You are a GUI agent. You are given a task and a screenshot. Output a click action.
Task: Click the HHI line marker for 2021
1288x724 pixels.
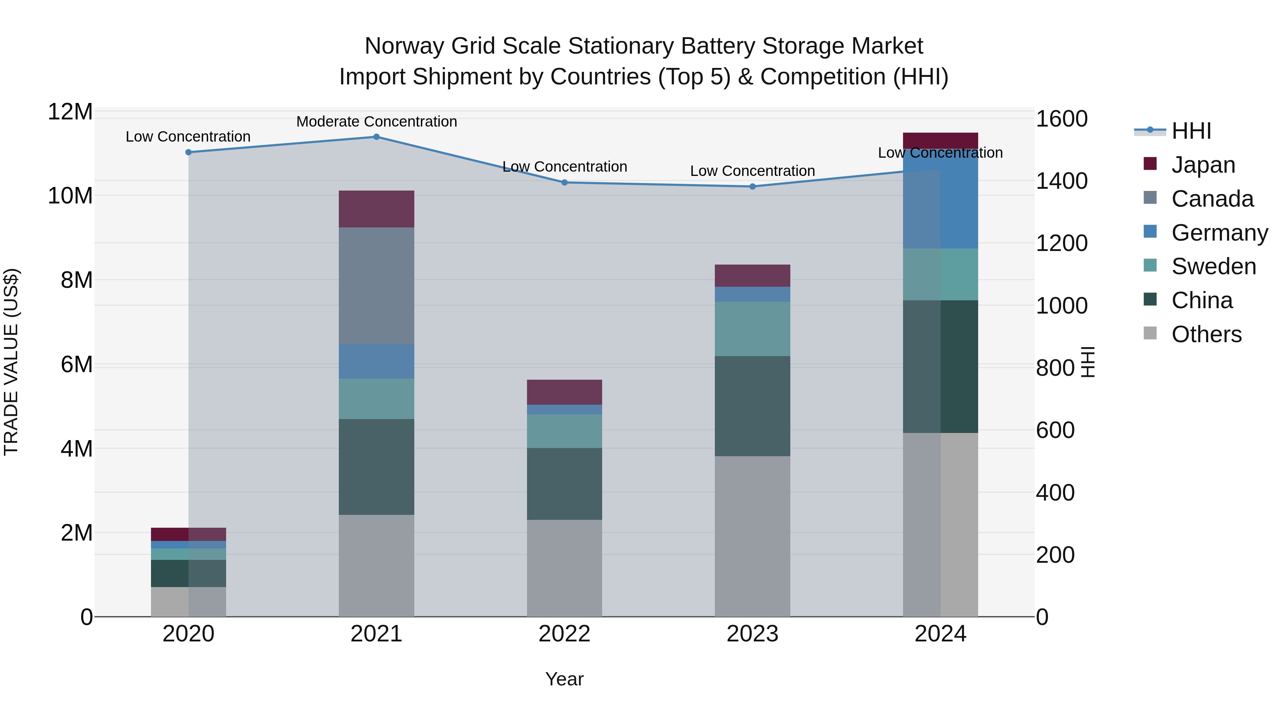click(376, 137)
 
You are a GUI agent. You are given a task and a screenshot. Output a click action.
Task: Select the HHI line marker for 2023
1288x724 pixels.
click(752, 186)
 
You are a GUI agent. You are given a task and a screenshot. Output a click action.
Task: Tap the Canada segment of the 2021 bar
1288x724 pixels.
click(376, 286)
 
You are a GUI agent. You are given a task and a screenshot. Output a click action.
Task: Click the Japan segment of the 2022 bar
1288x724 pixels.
click(565, 392)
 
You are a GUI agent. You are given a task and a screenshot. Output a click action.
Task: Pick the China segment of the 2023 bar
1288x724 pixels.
click(752, 406)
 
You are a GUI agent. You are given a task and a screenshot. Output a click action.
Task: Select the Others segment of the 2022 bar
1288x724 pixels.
click(565, 568)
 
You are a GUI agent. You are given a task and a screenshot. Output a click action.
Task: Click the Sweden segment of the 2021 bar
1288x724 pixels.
click(376, 399)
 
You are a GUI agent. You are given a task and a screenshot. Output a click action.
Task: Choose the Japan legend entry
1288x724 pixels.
click(1202, 165)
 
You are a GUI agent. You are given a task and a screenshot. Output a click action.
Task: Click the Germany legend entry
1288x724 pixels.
click(1219, 233)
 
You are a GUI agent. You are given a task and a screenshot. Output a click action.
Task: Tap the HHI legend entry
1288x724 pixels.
click(1191, 131)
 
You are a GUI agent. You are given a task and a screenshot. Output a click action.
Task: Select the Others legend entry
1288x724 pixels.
click(1206, 334)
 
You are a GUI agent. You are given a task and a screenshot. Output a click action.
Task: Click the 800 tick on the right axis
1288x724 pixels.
click(1055, 368)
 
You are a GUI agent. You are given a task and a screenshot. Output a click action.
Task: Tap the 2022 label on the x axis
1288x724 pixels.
click(565, 634)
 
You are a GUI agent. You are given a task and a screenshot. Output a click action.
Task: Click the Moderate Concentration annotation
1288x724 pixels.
click(376, 122)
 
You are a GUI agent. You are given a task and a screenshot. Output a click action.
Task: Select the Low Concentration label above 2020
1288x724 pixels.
click(188, 137)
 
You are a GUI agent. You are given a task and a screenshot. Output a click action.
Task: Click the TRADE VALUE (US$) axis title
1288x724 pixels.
click(11, 362)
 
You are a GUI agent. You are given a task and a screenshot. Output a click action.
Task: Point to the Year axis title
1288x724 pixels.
click(565, 679)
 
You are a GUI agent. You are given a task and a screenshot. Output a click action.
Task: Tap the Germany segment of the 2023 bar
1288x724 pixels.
click(752, 294)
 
